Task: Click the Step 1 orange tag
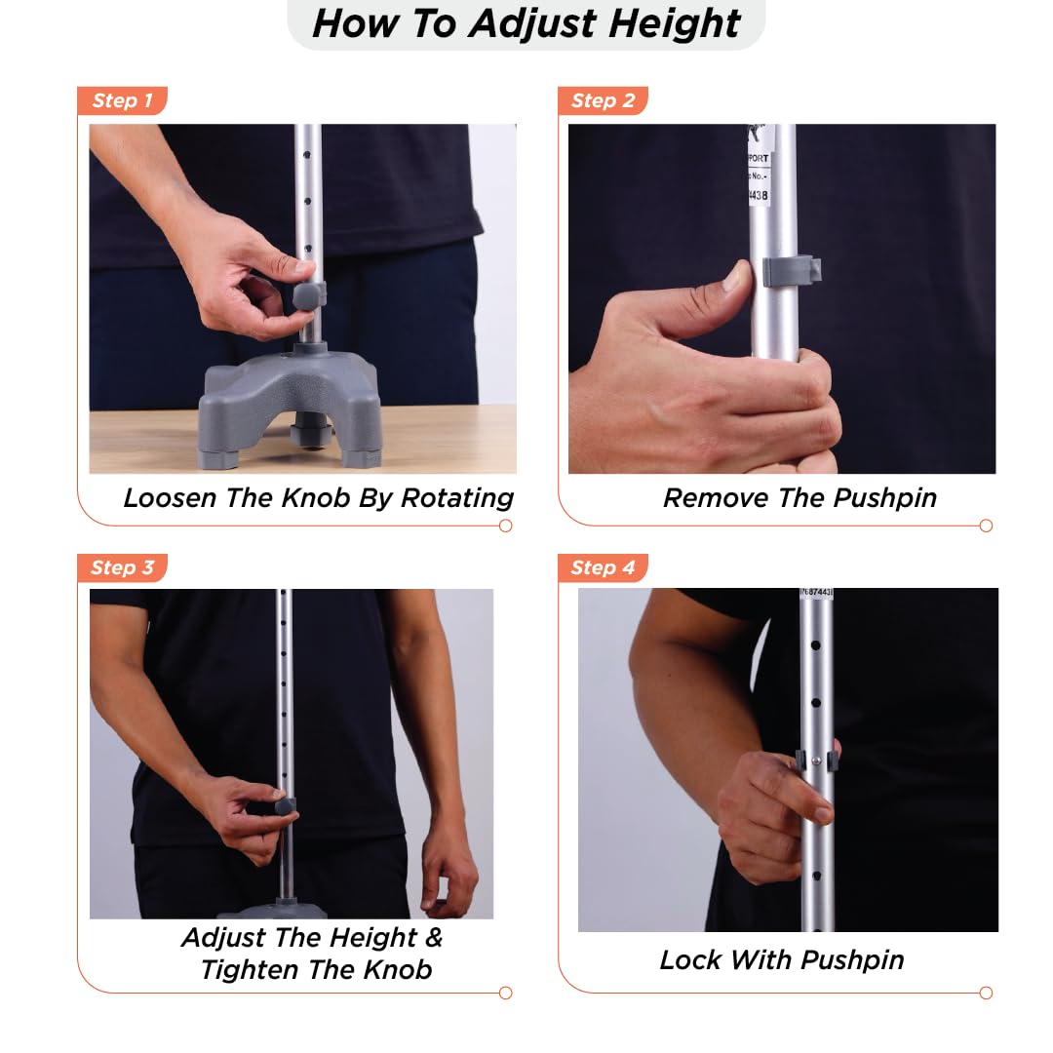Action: (x=122, y=100)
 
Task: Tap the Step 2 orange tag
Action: (x=603, y=100)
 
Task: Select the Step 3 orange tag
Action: (x=122, y=567)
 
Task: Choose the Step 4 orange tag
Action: (x=603, y=567)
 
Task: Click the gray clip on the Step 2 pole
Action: (x=790, y=271)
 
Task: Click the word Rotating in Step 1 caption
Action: (x=457, y=497)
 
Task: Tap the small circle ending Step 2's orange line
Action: (x=986, y=526)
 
